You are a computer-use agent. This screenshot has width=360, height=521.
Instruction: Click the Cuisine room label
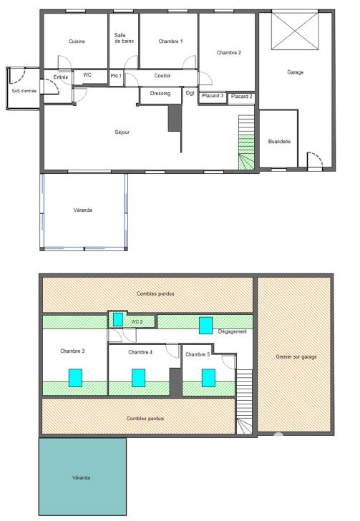pyautogui.click(x=77, y=42)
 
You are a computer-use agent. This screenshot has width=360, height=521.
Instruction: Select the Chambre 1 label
pyautogui.click(x=170, y=42)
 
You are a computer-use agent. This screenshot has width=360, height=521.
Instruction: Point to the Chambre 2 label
pyautogui.click(x=229, y=53)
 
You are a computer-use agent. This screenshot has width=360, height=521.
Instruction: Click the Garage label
pyautogui.click(x=296, y=72)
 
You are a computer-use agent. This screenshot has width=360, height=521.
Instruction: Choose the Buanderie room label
pyautogui.click(x=278, y=142)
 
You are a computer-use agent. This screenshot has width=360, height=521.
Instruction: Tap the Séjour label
pyautogui.click(x=122, y=132)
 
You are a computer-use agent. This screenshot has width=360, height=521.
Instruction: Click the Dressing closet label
pyautogui.click(x=160, y=93)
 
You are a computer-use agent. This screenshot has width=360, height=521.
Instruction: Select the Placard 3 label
pyautogui.click(x=213, y=95)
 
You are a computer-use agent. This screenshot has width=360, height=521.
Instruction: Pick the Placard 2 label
pyautogui.click(x=242, y=96)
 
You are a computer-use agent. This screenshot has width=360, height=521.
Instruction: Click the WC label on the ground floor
pyautogui.click(x=87, y=74)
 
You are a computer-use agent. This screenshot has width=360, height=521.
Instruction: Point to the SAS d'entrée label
pyautogui.click(x=22, y=91)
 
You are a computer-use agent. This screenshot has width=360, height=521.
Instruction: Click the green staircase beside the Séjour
pyautogui.click(x=247, y=152)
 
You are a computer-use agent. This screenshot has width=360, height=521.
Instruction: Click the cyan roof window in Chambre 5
pyautogui.click(x=209, y=377)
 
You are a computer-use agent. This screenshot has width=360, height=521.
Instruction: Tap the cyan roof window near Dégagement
pyautogui.click(x=206, y=325)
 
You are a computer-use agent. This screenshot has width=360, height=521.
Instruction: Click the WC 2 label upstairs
pyautogui.click(x=137, y=322)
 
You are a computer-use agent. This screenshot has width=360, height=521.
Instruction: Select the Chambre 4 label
pyautogui.click(x=140, y=352)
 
